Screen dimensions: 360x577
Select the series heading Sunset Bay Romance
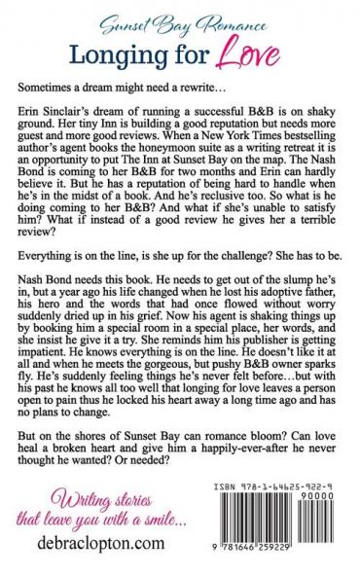[x=180, y=18]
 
